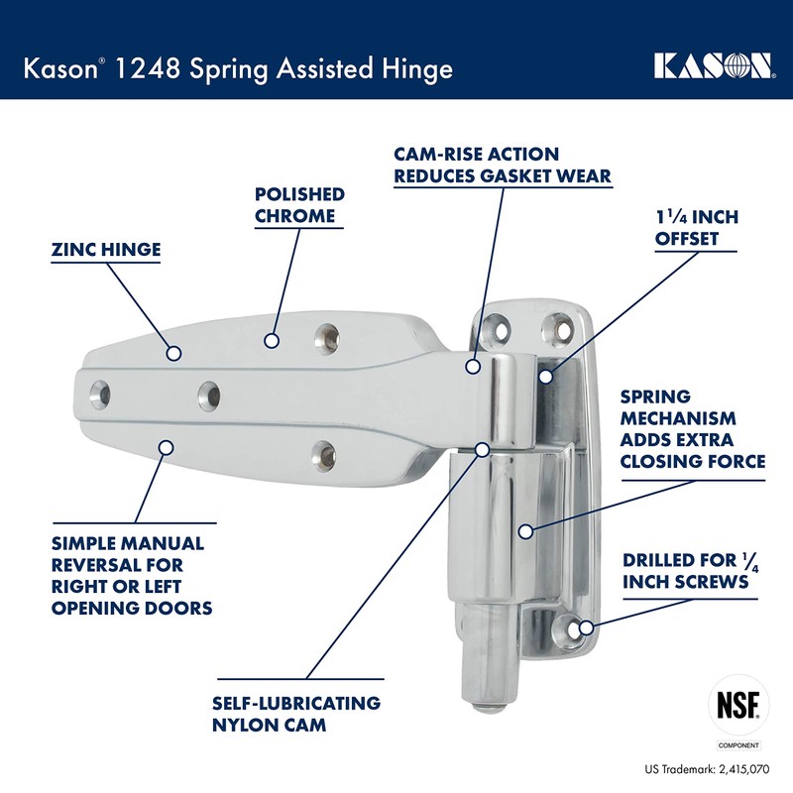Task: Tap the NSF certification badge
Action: [737, 705]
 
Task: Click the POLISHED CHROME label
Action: [299, 205]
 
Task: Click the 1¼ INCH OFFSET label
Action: [697, 228]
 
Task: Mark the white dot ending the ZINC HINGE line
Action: [173, 352]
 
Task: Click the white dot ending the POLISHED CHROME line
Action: [269, 341]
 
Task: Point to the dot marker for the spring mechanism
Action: [525, 531]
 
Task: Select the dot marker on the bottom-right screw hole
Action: [586, 627]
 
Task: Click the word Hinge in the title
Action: [414, 69]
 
